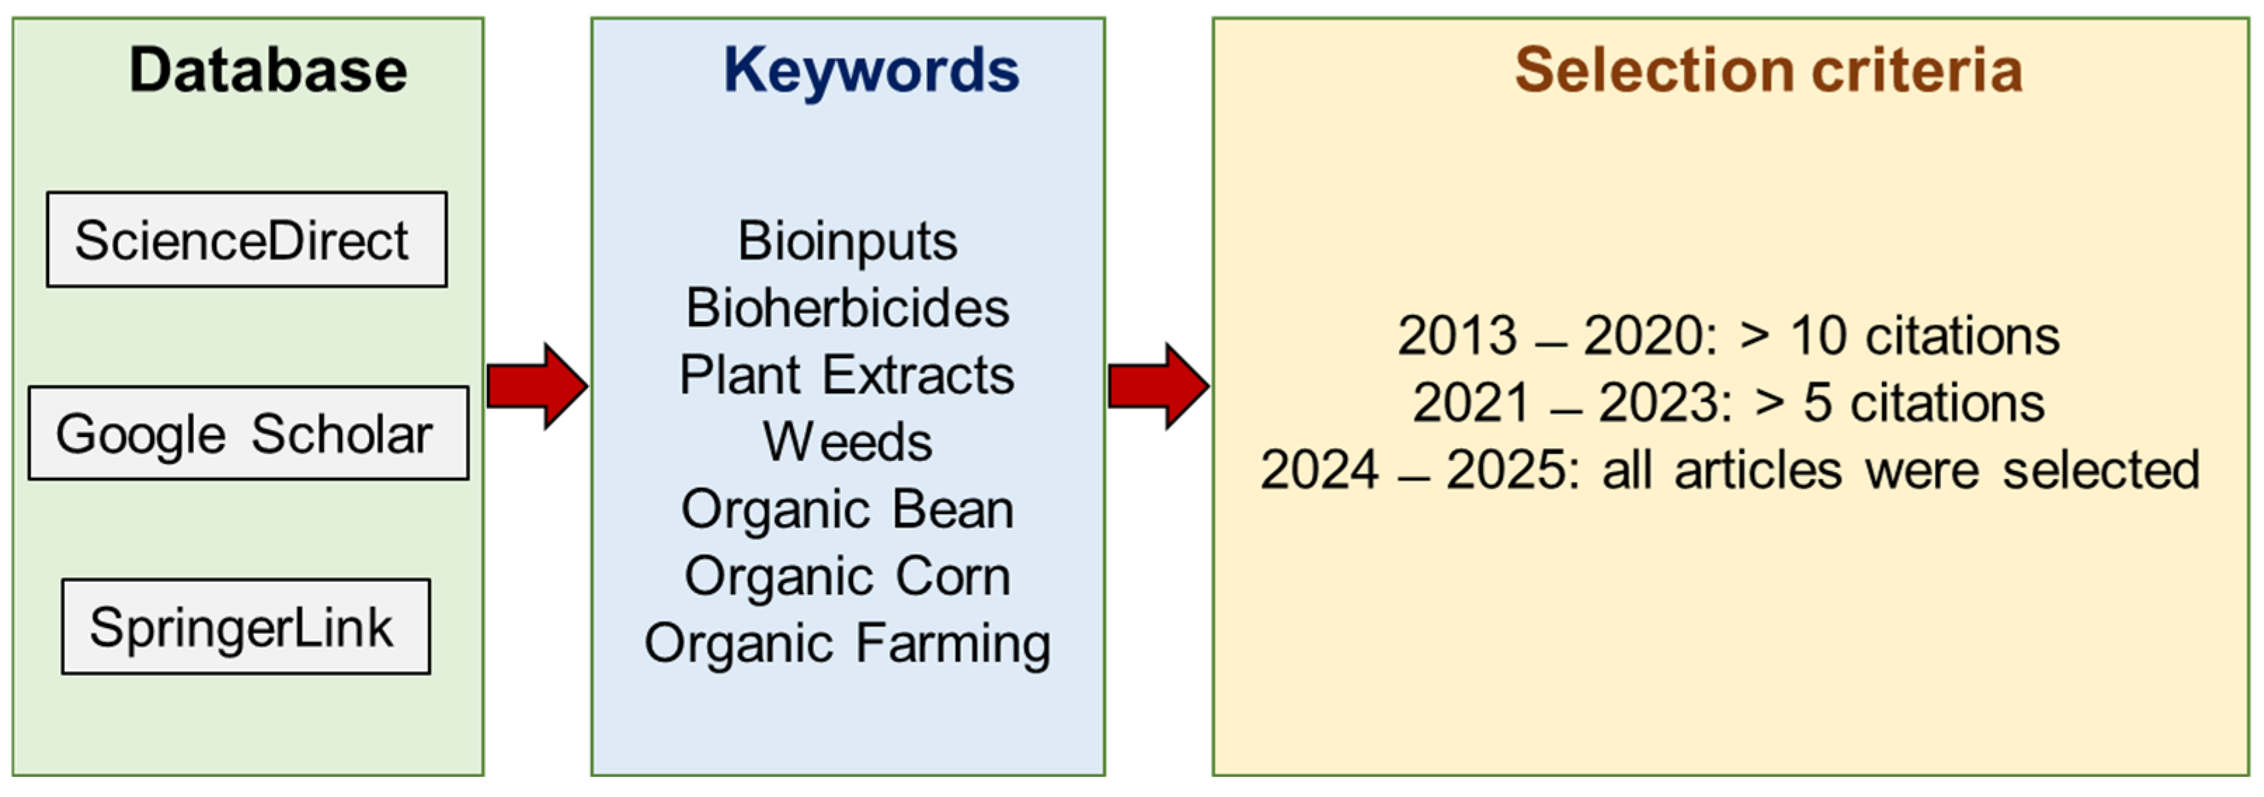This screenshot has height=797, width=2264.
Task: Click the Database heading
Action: [x=268, y=69]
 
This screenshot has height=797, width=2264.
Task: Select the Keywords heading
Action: [x=871, y=71]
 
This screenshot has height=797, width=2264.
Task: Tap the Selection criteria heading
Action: [x=1768, y=69]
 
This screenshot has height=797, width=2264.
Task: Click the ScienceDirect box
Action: [x=247, y=240]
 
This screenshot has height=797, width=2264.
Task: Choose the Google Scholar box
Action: [x=249, y=433]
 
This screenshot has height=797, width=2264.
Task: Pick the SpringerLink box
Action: [x=246, y=627]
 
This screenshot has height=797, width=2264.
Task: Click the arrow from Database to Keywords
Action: [x=537, y=386]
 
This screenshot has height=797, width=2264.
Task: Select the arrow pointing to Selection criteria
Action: [x=1158, y=386]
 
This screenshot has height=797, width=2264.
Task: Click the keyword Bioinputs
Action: [x=848, y=241]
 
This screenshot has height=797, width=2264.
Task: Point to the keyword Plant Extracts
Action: [x=848, y=375]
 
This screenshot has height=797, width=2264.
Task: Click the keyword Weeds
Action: [x=848, y=441]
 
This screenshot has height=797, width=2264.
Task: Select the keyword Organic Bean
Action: [x=848, y=509]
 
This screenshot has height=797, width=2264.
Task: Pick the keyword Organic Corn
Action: [x=848, y=577]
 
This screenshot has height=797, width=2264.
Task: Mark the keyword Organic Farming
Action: [x=848, y=644]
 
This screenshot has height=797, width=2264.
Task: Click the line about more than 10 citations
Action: [x=1729, y=335]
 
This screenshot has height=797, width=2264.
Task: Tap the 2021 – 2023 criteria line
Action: [x=1729, y=403]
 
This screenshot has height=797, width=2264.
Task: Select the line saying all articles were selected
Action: [x=1729, y=469]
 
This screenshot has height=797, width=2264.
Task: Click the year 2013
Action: [x=1457, y=335]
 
